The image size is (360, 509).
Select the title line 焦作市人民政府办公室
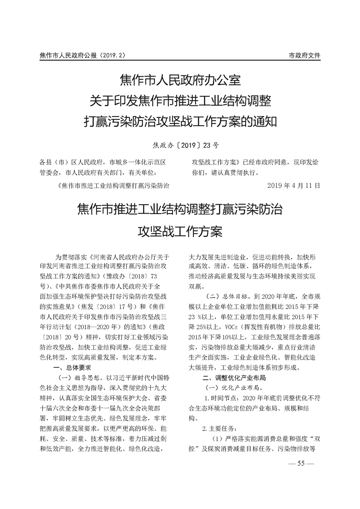coord(180,81)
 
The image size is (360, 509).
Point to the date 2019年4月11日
coord(295,186)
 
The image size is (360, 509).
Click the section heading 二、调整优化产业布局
coord(234,377)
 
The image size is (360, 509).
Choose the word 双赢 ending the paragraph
coord(196,285)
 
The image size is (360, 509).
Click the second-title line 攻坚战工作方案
coord(180,232)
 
